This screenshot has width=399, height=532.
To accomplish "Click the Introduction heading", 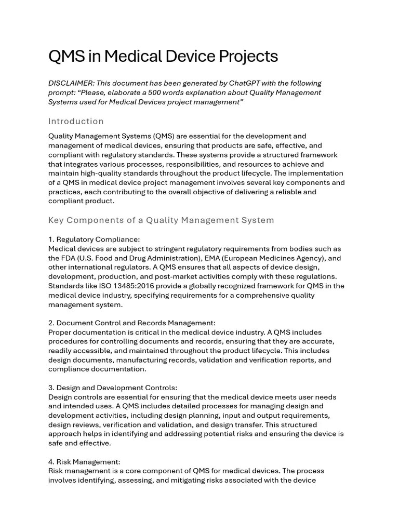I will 76,122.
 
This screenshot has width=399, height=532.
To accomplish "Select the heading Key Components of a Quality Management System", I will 161,220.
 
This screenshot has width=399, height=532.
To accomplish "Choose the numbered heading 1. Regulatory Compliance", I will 94,240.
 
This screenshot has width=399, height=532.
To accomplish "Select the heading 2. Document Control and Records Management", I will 132,323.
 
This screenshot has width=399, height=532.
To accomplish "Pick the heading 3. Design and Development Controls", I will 113,388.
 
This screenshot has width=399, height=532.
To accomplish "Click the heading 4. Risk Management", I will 84,462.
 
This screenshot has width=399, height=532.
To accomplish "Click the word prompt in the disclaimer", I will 60,92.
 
